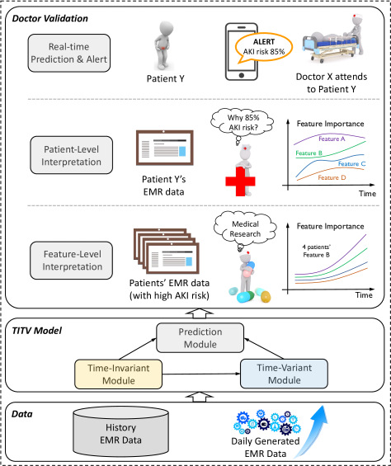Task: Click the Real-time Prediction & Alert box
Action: (69, 53)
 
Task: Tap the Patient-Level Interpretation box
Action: (72, 155)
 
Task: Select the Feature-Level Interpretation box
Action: (72, 261)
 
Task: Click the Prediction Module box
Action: (200, 338)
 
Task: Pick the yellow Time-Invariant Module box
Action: (118, 374)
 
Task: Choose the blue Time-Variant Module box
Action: (284, 374)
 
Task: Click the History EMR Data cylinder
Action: (120, 431)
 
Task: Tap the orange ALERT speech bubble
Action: (263, 48)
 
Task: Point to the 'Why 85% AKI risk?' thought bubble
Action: (243, 124)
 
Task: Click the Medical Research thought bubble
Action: (245, 228)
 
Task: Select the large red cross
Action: (240, 181)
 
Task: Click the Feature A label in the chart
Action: (332, 139)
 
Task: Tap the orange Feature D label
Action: (332, 177)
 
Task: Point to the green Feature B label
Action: (309, 153)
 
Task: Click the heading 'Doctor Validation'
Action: (50, 18)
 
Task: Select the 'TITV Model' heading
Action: (36, 331)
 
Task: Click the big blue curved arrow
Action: (312, 430)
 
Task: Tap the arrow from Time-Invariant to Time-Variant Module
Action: (201, 374)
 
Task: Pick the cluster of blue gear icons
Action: (266, 422)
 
